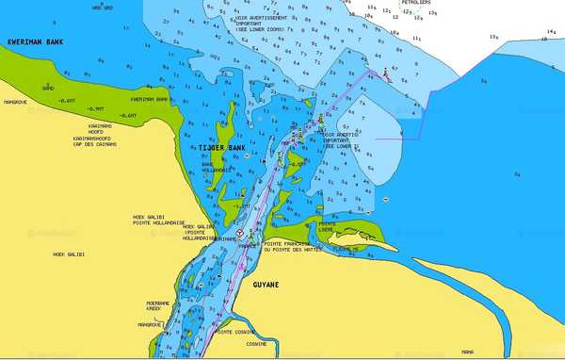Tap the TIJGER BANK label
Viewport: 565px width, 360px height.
click(221, 148)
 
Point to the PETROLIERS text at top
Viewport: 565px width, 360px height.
click(417, 3)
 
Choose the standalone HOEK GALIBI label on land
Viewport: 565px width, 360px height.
click(70, 254)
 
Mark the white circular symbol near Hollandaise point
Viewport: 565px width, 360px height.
click(239, 233)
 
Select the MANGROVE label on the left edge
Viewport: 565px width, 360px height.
click(14, 102)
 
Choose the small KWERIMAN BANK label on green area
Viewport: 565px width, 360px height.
click(149, 99)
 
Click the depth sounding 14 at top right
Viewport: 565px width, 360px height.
click(551, 31)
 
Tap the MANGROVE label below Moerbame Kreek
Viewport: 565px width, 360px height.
click(151, 324)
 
